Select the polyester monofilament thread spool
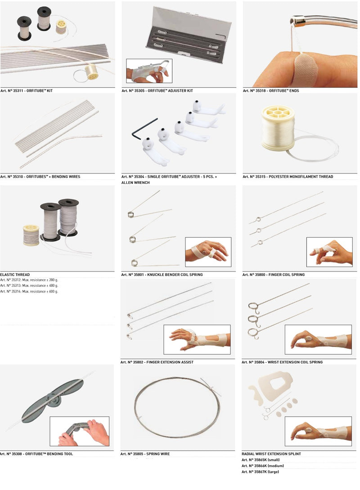(x=278, y=128)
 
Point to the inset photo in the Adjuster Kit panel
(x=149, y=71)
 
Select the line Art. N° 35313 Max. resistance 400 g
(x=29, y=286)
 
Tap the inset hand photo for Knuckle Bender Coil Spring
(x=208, y=252)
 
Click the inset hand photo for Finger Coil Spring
(x=329, y=252)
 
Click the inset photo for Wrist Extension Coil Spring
(x=318, y=339)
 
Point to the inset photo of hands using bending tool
(x=79, y=432)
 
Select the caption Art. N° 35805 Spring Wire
(x=145, y=454)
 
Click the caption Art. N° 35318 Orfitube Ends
(x=271, y=91)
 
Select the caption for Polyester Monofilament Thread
(x=288, y=177)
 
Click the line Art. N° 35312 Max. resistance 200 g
(x=29, y=280)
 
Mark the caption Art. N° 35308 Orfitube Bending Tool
(x=36, y=454)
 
